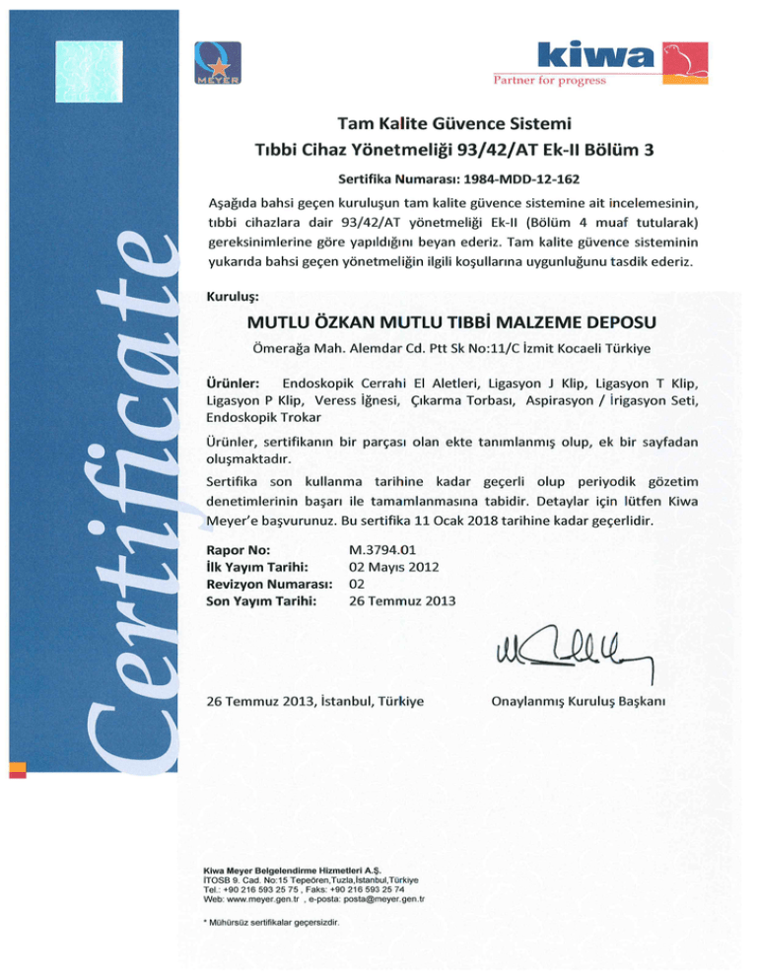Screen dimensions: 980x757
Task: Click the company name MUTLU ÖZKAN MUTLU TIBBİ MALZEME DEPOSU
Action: tap(453, 322)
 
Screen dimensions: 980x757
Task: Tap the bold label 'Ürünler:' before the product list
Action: tap(234, 382)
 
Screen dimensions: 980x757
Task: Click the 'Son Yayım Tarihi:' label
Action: tap(261, 601)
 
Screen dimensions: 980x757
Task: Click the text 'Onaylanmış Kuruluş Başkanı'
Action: tap(579, 702)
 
